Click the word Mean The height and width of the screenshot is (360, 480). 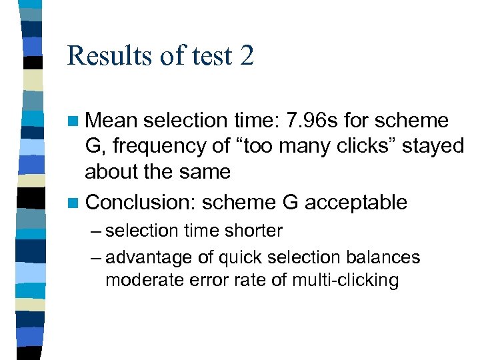111,121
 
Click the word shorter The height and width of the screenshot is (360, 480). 253,231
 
